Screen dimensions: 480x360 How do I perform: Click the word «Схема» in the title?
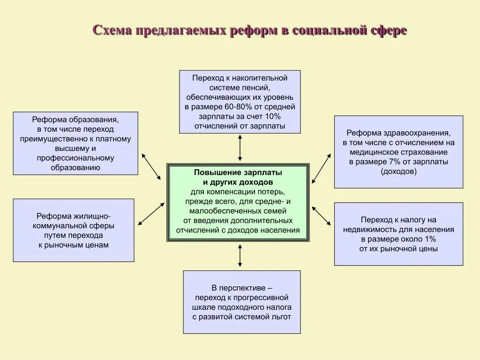coord(112,30)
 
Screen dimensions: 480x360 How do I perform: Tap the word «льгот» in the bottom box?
coord(280,317)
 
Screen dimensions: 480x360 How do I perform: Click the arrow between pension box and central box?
coord(240,148)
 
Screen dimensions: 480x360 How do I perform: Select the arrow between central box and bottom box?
coord(240,255)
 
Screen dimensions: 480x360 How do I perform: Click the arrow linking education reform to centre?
coord(151,166)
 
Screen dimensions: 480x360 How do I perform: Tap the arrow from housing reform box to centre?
coord(151,213)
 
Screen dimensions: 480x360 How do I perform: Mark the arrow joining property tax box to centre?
coord(321,215)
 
